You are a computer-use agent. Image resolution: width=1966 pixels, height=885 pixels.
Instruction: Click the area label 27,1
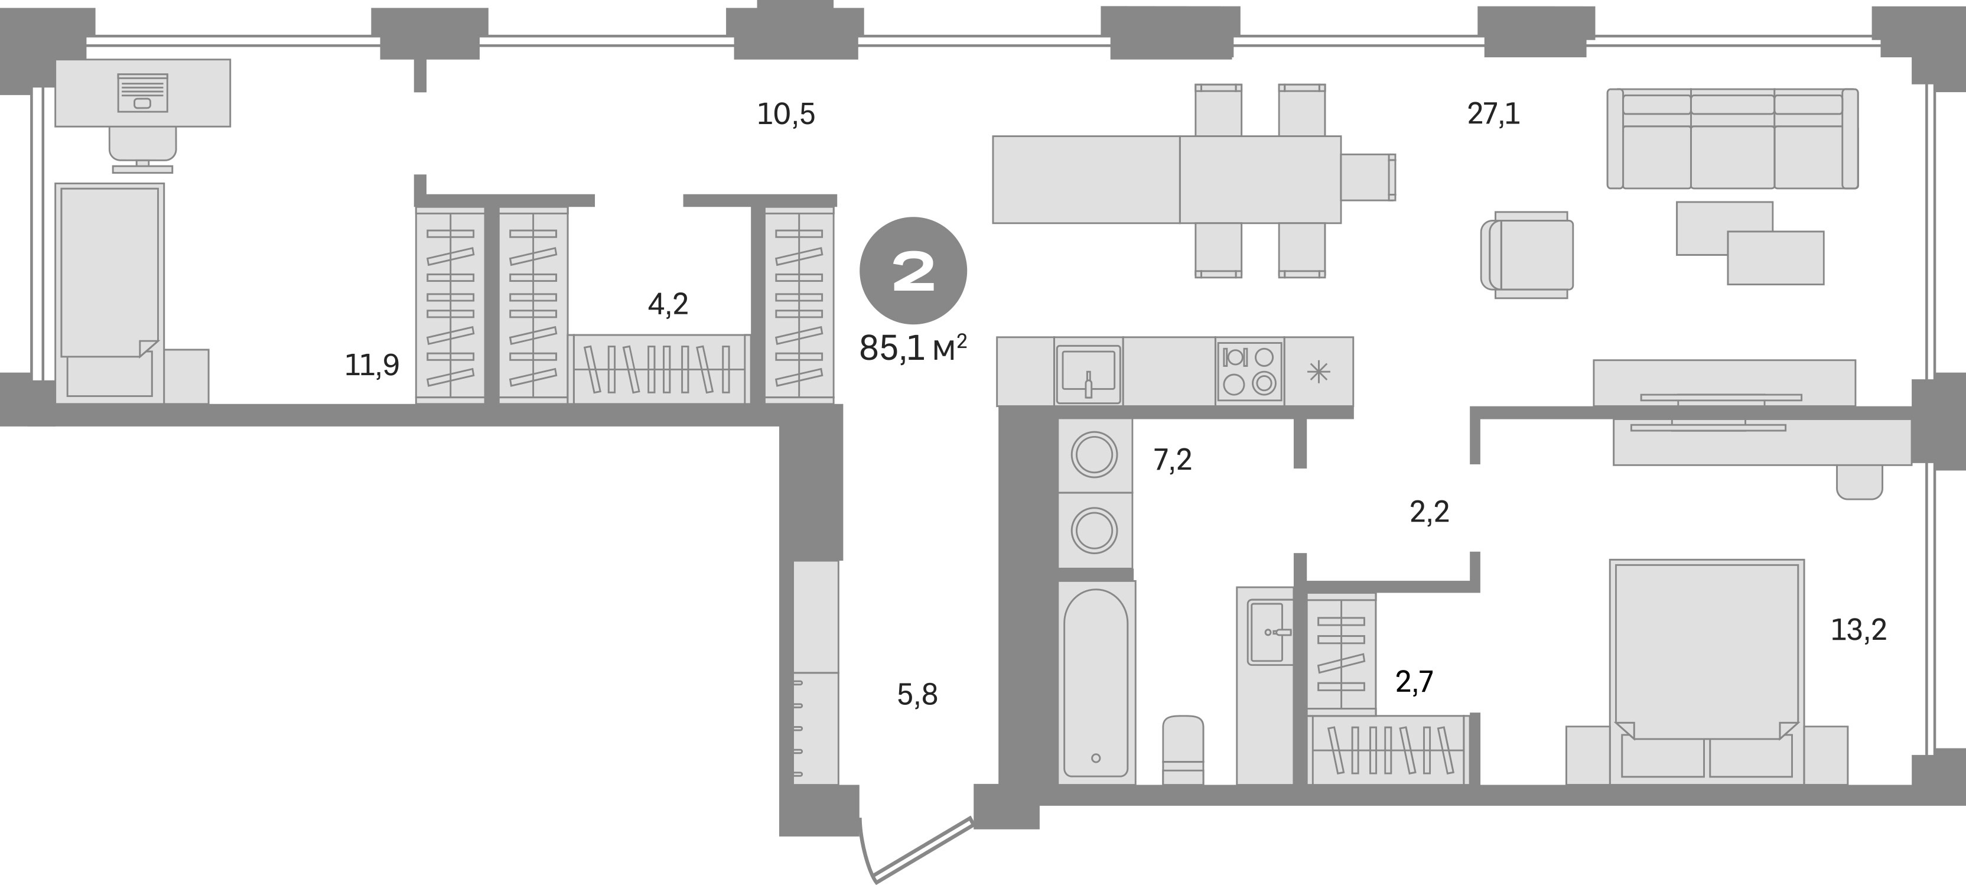[1493, 113]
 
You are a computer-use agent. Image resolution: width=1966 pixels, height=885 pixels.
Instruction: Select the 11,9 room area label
[372, 366]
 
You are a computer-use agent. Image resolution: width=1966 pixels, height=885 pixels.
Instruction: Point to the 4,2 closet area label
[668, 304]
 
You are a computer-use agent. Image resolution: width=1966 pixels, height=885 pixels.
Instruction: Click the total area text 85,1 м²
[913, 349]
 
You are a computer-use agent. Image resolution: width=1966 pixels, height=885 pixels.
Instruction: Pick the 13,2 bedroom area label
[1859, 629]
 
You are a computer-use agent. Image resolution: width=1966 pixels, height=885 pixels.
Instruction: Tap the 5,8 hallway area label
[917, 695]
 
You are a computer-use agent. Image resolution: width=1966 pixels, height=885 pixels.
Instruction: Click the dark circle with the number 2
[913, 271]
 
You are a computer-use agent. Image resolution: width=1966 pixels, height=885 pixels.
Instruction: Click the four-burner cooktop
[1249, 372]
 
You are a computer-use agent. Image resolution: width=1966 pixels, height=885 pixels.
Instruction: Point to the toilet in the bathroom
[1183, 750]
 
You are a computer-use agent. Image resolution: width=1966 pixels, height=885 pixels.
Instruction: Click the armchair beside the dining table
[1527, 255]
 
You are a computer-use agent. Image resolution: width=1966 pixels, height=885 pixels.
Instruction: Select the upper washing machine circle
[1095, 455]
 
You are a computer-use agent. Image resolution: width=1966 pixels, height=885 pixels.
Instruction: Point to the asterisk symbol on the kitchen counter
[1319, 372]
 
